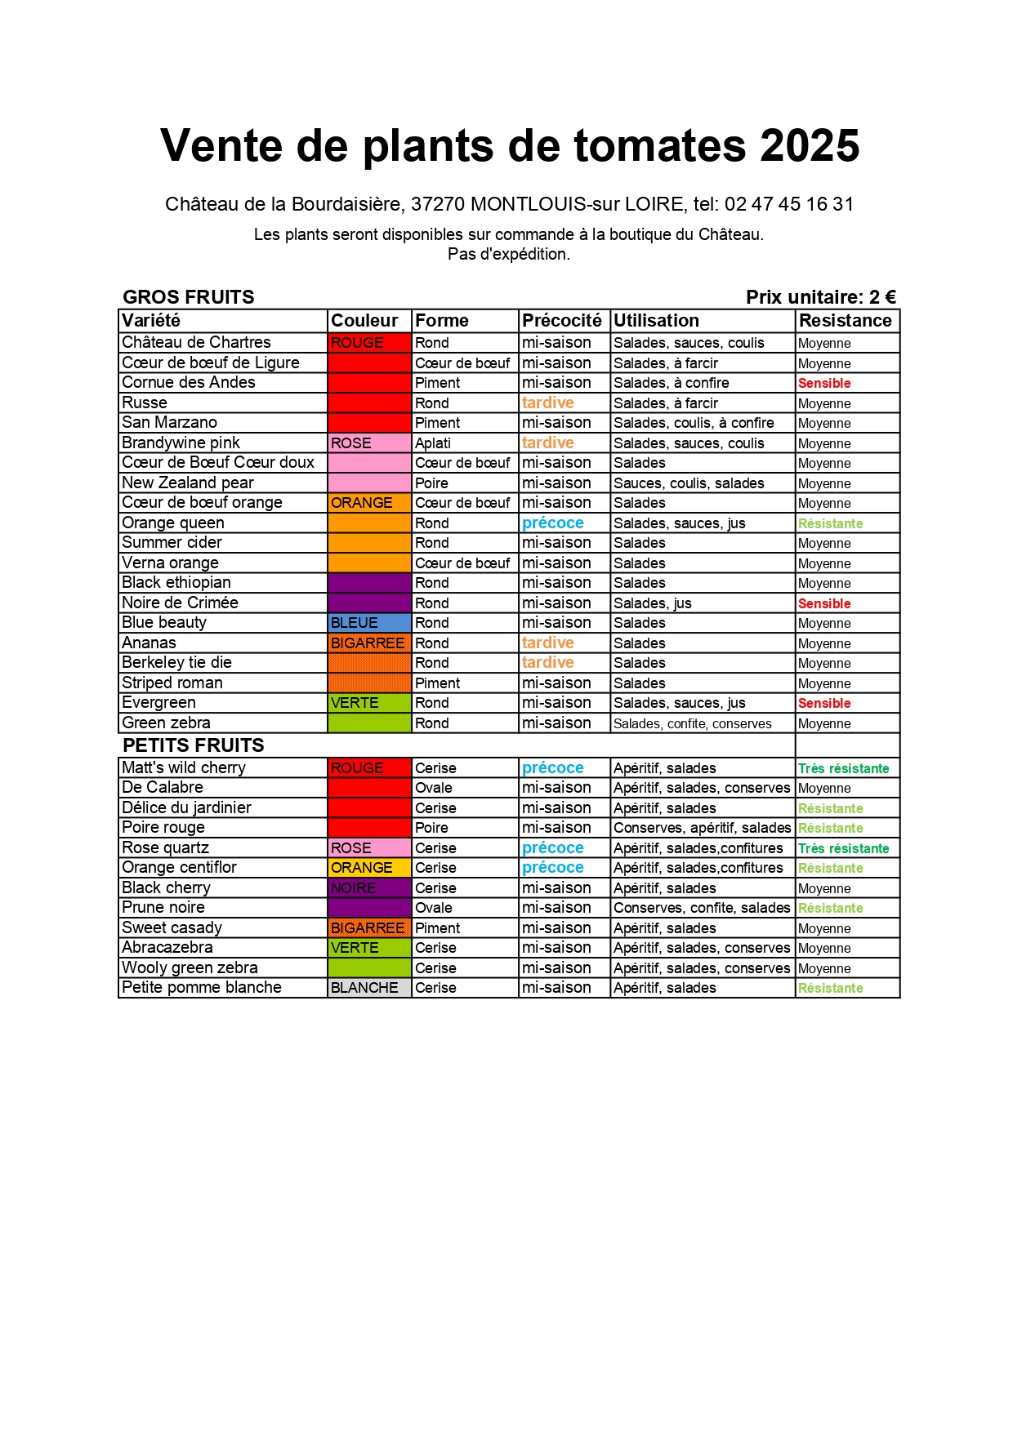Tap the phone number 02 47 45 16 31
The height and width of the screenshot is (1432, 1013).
pos(788,204)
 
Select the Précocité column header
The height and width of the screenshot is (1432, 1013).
pos(562,321)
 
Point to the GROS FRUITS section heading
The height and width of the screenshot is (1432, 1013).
pos(189,297)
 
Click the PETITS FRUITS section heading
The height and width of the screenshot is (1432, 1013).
pos(194,745)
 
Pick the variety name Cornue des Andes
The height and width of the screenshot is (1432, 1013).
pos(189,383)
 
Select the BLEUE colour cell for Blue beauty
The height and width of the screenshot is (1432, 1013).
pos(368,623)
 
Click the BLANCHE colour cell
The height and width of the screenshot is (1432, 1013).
pos(368,988)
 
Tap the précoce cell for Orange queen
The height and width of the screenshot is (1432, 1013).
pos(553,523)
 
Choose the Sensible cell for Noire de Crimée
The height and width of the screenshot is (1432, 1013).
pos(824,603)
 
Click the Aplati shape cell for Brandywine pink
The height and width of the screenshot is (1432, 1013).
pos(433,443)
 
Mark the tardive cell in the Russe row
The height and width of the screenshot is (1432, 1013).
pos(548,403)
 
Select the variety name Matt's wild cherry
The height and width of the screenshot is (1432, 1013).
pos(184,768)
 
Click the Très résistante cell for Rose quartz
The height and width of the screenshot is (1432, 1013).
pos(843,848)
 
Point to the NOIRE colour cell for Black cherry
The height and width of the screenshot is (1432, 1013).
pos(368,888)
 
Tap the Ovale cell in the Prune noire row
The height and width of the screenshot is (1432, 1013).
pos(434,908)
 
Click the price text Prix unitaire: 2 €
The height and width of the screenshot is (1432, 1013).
pos(820,297)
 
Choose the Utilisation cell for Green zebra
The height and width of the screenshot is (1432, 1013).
pos(693,723)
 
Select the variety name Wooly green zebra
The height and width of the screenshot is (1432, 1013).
pos(190,968)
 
